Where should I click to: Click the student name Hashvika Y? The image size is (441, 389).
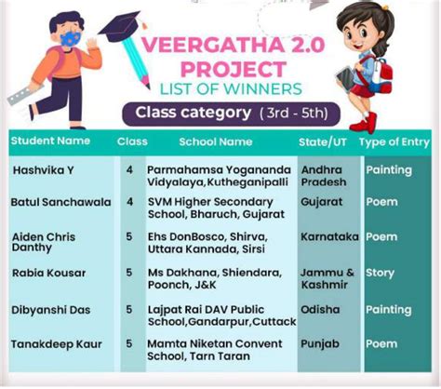tap(44, 170)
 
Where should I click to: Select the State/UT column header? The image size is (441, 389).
tap(323, 142)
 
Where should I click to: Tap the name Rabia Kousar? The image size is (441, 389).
tap(49, 273)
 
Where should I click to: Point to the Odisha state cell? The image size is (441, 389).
tap(320, 310)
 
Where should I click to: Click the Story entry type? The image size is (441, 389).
tap(380, 274)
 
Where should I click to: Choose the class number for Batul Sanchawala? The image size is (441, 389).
tap(130, 202)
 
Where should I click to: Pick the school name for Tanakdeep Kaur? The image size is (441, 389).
tap(215, 350)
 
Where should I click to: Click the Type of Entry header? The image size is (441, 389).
tap(394, 142)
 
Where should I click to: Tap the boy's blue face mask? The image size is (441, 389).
tap(71, 39)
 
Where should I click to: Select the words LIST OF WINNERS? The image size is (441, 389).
tap(231, 89)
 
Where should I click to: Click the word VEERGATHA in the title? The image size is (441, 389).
tap(213, 45)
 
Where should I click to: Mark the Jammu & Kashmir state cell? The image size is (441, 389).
tap(327, 278)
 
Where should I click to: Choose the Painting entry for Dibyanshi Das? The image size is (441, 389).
tap(389, 310)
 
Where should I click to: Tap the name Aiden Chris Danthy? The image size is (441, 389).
tap(44, 243)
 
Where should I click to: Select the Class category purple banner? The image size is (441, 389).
tap(231, 114)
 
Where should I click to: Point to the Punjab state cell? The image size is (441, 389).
tap(320, 344)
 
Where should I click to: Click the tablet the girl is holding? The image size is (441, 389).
tap(345, 77)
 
